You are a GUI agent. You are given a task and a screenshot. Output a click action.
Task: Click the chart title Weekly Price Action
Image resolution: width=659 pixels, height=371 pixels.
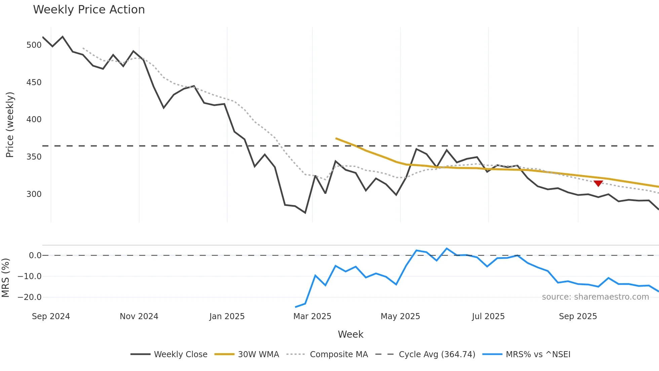(x=89, y=10)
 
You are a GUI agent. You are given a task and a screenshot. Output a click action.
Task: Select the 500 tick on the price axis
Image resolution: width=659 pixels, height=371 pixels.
(x=34, y=45)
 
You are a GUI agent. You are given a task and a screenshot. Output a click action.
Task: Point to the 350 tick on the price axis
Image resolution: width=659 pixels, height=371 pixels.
(x=34, y=157)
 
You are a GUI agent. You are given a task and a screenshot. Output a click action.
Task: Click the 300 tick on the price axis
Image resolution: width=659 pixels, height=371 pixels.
(x=34, y=194)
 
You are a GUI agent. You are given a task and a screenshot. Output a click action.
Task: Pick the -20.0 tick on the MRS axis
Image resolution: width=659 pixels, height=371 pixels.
(x=30, y=297)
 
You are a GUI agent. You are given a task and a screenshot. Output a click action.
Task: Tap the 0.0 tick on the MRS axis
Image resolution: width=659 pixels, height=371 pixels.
(x=35, y=256)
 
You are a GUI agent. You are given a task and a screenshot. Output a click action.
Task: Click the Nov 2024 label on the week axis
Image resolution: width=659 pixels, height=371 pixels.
(x=139, y=316)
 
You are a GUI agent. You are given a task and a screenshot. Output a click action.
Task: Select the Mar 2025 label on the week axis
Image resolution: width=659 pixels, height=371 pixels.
(x=312, y=316)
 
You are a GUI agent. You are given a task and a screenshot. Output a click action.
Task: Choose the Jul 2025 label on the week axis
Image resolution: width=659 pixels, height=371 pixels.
(x=488, y=316)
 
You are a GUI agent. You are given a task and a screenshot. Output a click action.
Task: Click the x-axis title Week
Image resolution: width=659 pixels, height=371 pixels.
(x=350, y=334)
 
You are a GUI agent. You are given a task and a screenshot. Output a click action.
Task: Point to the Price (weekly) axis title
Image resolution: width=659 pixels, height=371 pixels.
(x=10, y=125)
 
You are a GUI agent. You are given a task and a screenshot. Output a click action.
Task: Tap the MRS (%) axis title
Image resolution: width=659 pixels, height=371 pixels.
(x=5, y=278)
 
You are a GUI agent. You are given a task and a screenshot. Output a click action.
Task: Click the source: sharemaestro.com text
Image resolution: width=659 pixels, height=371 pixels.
(x=595, y=297)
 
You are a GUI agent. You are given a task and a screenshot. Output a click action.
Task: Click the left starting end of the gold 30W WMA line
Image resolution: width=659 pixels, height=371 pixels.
(x=336, y=138)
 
